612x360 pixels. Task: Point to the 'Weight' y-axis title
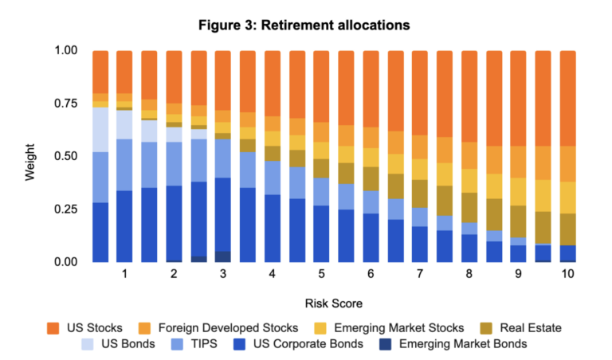[x=29, y=156]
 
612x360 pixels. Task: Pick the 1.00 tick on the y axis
[x=67, y=51]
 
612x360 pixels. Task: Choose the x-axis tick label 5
[x=321, y=273]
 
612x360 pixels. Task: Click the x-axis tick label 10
[x=567, y=273]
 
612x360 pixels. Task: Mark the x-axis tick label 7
[x=419, y=273]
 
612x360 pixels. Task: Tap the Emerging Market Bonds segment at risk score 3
[x=223, y=256]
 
